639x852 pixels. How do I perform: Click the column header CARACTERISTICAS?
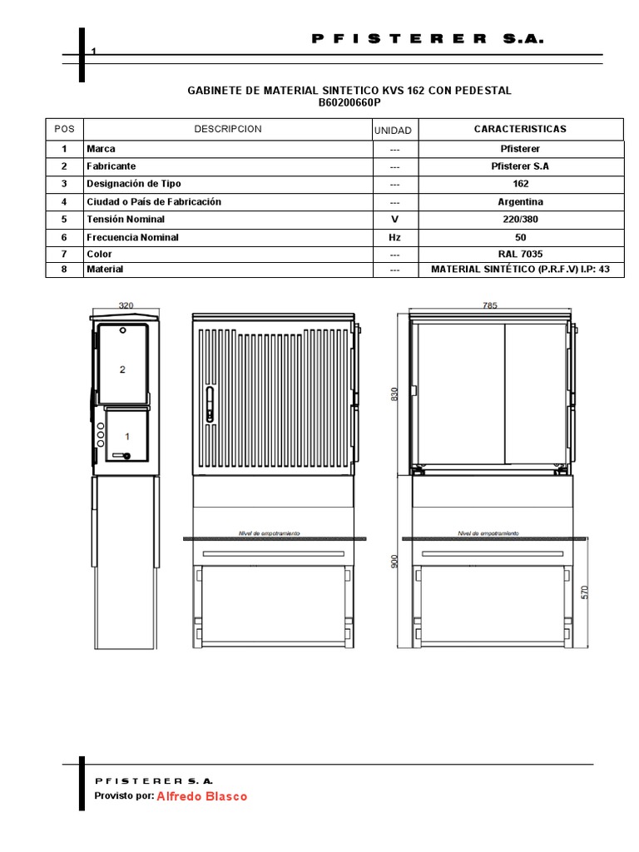pyautogui.click(x=520, y=129)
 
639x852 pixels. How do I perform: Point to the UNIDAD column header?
pyautogui.click(x=393, y=131)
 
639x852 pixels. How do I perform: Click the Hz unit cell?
pyautogui.click(x=394, y=237)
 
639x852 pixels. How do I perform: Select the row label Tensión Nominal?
pyautogui.click(x=126, y=220)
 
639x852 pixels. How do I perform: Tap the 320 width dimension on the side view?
pyautogui.click(x=126, y=306)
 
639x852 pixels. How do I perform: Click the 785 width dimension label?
pyautogui.click(x=489, y=306)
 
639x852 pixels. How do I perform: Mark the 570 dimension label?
pyautogui.click(x=585, y=592)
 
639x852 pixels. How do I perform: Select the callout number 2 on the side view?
pyautogui.click(x=122, y=369)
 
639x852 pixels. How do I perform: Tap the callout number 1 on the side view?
pyautogui.click(x=127, y=436)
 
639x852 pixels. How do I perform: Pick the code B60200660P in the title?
pyautogui.click(x=349, y=103)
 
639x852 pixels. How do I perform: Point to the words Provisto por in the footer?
pyautogui.click(x=124, y=796)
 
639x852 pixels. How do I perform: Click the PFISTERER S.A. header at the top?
pyautogui.click(x=428, y=38)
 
